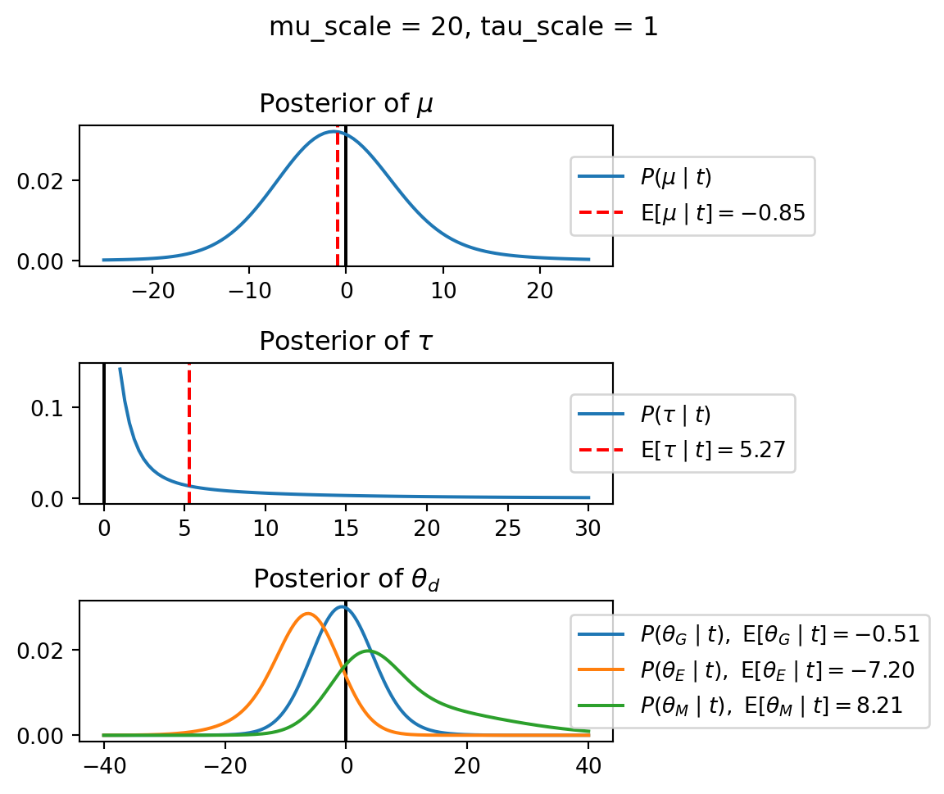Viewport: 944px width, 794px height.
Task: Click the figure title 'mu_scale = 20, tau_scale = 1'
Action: [x=463, y=27]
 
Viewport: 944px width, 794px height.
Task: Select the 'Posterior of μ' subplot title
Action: [x=346, y=104]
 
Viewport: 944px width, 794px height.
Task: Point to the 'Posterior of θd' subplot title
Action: [x=347, y=579]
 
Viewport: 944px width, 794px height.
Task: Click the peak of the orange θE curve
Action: [x=308, y=613]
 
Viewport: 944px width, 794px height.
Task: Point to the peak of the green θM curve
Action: [x=369, y=651]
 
